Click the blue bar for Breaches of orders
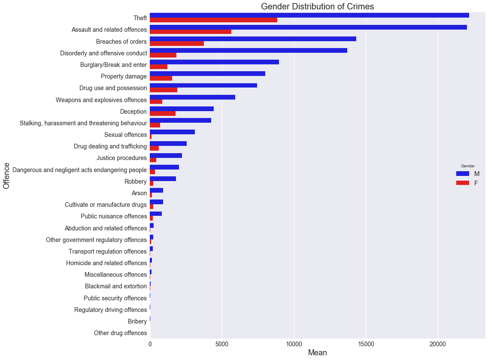pos(253,39)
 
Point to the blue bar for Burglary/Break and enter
pos(214,62)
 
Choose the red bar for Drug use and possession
pos(164,90)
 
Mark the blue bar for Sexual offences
pos(172,132)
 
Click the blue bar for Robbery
pos(163,179)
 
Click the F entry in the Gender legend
pos(467,183)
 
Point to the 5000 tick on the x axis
pos(222,344)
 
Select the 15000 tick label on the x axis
pos(366,344)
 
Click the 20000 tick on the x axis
pos(438,344)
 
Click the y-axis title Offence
pos(6,175)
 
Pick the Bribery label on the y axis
pos(137,321)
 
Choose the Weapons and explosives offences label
pos(101,100)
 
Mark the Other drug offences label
pos(120,333)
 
